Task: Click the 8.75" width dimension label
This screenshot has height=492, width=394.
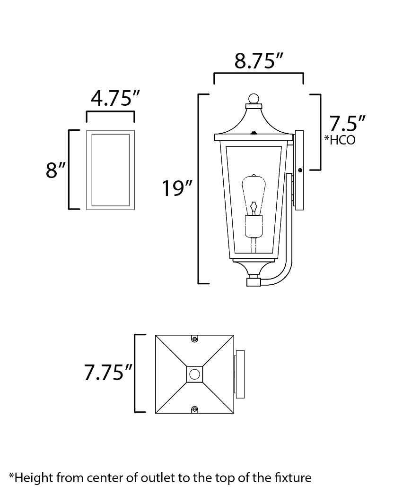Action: coord(259,61)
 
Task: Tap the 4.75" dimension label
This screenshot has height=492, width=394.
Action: coord(115,98)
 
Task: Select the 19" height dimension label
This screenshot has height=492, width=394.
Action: coord(177,188)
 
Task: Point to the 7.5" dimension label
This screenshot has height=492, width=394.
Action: coord(347,123)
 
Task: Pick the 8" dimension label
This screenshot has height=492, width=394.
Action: coord(56,170)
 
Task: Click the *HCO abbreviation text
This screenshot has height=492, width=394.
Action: coord(340,140)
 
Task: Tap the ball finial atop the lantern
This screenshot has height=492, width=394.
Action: coord(254,99)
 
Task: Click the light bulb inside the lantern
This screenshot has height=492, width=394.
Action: coord(254,195)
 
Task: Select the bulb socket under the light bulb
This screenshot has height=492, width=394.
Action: coord(254,226)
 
